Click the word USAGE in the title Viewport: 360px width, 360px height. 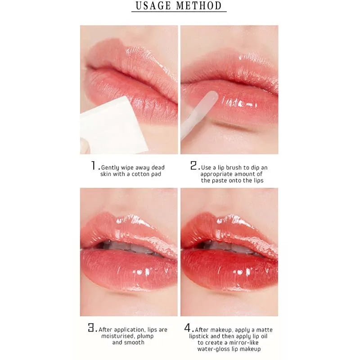pyautogui.click(x=153, y=6)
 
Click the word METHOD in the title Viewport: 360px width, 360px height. pyautogui.click(x=199, y=6)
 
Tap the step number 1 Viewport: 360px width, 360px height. pyautogui.click(x=94, y=166)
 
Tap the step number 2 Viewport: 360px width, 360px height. pyautogui.click(x=193, y=166)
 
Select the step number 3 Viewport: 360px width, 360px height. pyautogui.click(x=91, y=328)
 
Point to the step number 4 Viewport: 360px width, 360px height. pyautogui.click(x=188, y=328)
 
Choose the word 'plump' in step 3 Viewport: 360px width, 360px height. pyautogui.click(x=145, y=337)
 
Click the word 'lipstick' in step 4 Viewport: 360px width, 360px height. pyautogui.click(x=199, y=337)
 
